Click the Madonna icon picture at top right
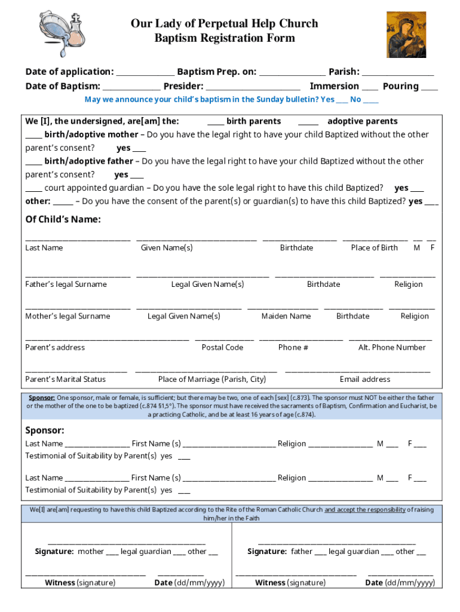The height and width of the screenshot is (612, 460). coord(406,35)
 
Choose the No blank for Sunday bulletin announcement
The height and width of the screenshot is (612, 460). coord(370,101)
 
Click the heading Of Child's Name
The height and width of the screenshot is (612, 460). coord(63,219)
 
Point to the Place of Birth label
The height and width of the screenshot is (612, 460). coord(374,247)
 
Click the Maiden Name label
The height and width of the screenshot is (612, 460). coord(286,316)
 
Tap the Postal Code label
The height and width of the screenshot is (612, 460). coord(222,347)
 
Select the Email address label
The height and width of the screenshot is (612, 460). coord(364,379)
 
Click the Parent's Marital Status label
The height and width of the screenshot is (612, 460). coord(65,379)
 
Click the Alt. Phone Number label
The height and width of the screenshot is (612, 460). coord(391,347)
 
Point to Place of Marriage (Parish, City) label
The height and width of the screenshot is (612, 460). coord(211,379)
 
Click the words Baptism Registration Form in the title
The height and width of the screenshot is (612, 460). coord(225,38)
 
